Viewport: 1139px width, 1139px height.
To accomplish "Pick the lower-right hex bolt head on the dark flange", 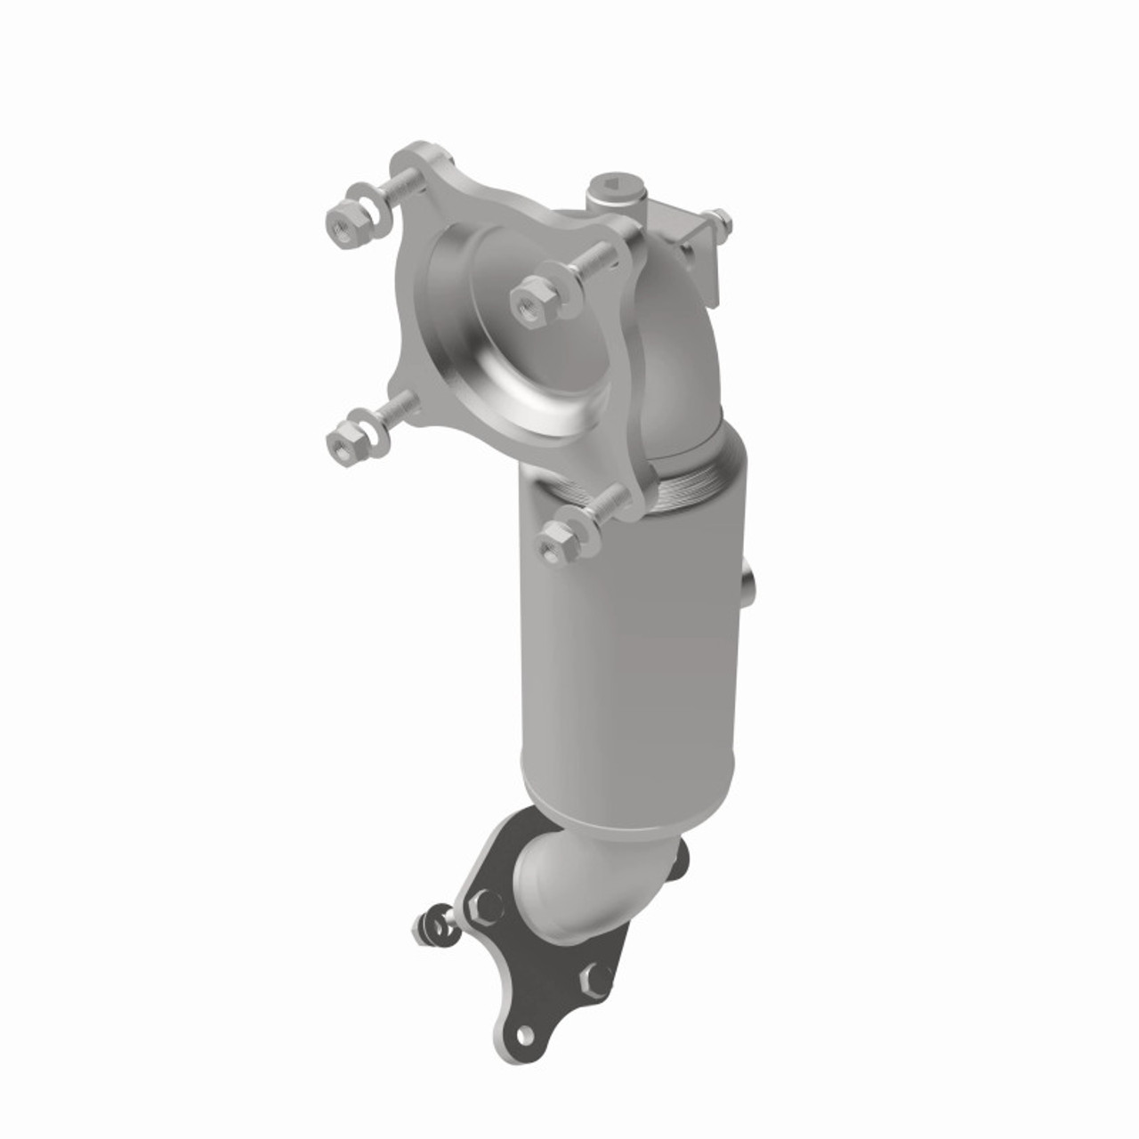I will [x=594, y=980].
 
